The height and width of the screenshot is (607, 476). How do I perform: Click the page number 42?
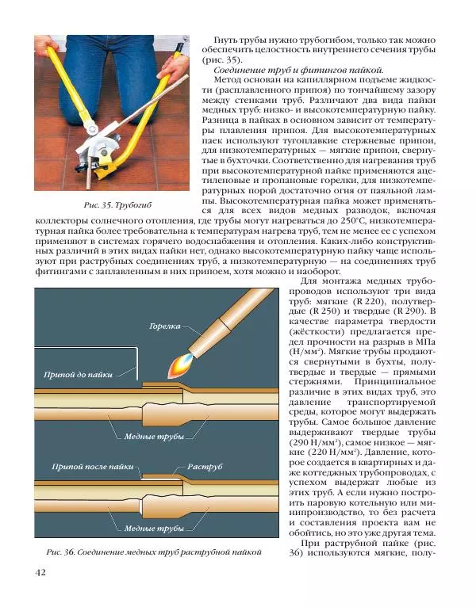[40, 573]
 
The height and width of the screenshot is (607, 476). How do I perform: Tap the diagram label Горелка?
[164, 326]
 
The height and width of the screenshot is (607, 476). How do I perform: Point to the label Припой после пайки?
[92, 468]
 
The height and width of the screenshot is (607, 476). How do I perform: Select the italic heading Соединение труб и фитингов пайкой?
[299, 71]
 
